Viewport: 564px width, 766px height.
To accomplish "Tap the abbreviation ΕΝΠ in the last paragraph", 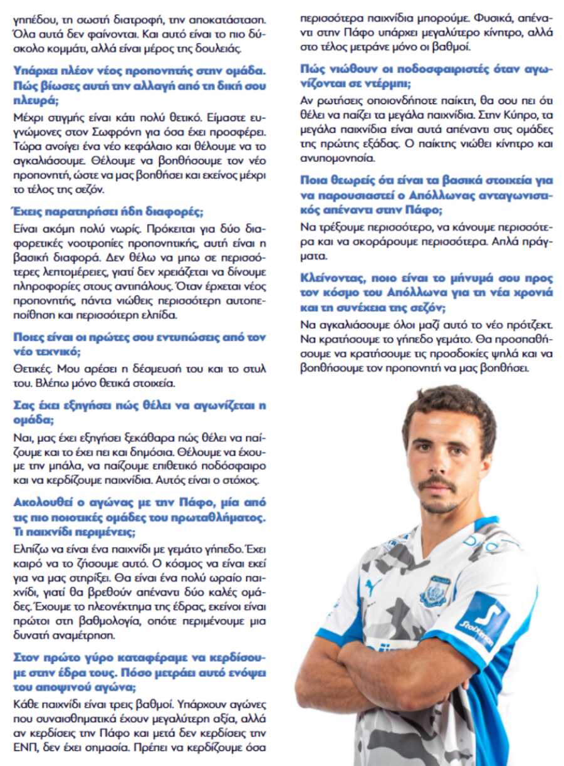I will (x=24, y=748).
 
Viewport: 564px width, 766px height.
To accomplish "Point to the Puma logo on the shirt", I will (x=373, y=587).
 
